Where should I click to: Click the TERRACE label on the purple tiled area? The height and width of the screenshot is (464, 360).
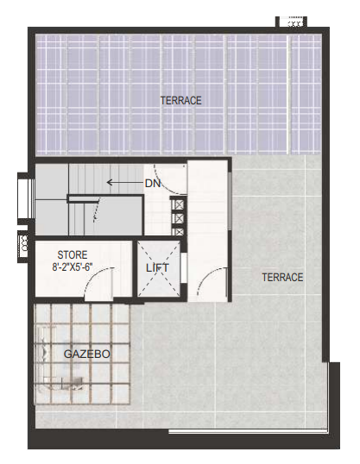click(180, 101)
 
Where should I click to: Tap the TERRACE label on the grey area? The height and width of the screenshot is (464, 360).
click(282, 277)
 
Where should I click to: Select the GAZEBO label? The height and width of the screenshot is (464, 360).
click(87, 354)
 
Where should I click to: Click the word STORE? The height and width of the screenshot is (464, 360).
click(73, 254)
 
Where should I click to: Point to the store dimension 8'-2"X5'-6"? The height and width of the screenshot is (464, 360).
click(73, 266)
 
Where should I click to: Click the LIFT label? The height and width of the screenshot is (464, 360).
click(157, 268)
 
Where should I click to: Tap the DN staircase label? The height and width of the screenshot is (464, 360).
click(153, 184)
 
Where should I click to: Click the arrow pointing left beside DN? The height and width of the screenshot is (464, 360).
click(124, 182)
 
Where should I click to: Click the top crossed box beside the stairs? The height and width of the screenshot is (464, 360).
click(179, 204)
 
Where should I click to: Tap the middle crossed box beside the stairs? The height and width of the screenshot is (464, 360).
click(179, 218)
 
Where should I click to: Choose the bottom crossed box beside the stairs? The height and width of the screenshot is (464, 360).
click(179, 231)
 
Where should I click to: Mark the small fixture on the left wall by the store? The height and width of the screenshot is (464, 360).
click(23, 246)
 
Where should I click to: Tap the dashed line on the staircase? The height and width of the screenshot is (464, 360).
click(97, 210)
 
